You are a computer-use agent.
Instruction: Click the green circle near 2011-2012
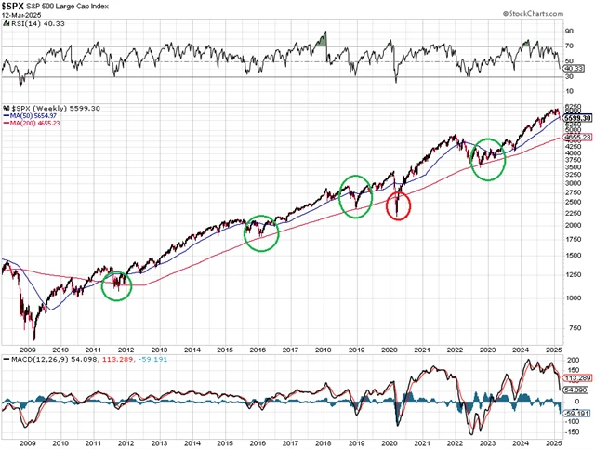(x=116, y=285)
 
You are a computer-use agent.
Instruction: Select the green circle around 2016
(x=261, y=232)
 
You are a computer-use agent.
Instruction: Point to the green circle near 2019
(x=355, y=196)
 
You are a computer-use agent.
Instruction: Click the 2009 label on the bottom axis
(x=28, y=445)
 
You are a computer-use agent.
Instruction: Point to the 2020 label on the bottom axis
(x=390, y=445)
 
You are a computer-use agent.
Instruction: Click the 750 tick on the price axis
(x=575, y=327)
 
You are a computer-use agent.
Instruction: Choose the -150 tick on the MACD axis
(x=576, y=433)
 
